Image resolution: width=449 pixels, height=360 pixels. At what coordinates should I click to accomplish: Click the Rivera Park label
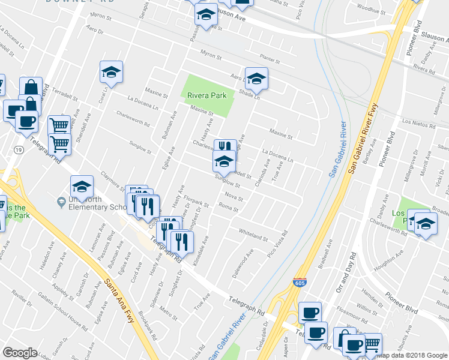[x=206, y=95]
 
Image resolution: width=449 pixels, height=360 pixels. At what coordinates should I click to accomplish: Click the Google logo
[x=20, y=353]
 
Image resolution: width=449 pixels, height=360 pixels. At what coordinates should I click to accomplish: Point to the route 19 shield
[x=20, y=149]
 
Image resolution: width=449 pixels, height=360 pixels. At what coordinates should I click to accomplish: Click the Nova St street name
[x=234, y=199]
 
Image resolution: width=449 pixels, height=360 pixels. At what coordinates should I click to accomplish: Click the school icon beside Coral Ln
[x=111, y=72]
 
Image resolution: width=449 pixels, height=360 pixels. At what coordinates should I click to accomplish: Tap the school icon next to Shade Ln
[x=256, y=79]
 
